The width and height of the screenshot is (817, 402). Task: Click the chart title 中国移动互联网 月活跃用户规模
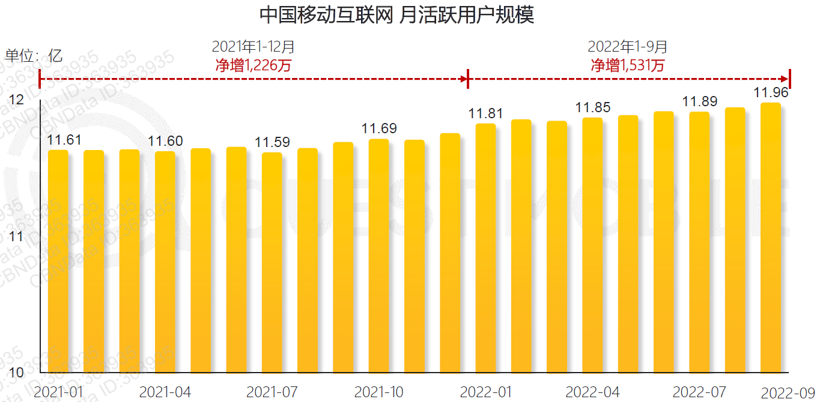pyautogui.click(x=396, y=15)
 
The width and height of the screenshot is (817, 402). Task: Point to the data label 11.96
pyautogui.click(x=771, y=93)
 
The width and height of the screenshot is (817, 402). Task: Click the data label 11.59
pyautogui.click(x=272, y=143)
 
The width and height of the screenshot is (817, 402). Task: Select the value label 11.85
pyautogui.click(x=592, y=108)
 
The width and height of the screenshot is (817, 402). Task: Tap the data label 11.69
pyautogui.click(x=378, y=128)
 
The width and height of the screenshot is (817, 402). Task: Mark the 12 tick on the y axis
pyautogui.click(x=17, y=100)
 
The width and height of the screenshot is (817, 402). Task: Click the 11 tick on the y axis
pyautogui.click(x=16, y=236)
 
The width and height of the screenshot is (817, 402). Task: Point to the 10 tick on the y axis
pyautogui.click(x=16, y=373)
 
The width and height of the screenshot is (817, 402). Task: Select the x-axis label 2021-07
pyautogui.click(x=272, y=392)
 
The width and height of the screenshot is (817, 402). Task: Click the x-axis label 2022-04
pyautogui.click(x=592, y=392)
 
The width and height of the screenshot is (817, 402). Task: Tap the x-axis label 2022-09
pyautogui.click(x=787, y=394)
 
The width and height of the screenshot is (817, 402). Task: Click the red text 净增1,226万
pyautogui.click(x=254, y=65)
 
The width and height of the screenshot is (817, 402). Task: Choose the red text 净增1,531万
pyautogui.click(x=628, y=65)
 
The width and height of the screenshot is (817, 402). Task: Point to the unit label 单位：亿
pyautogui.click(x=34, y=56)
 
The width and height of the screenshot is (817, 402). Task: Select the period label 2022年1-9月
pyautogui.click(x=628, y=47)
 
